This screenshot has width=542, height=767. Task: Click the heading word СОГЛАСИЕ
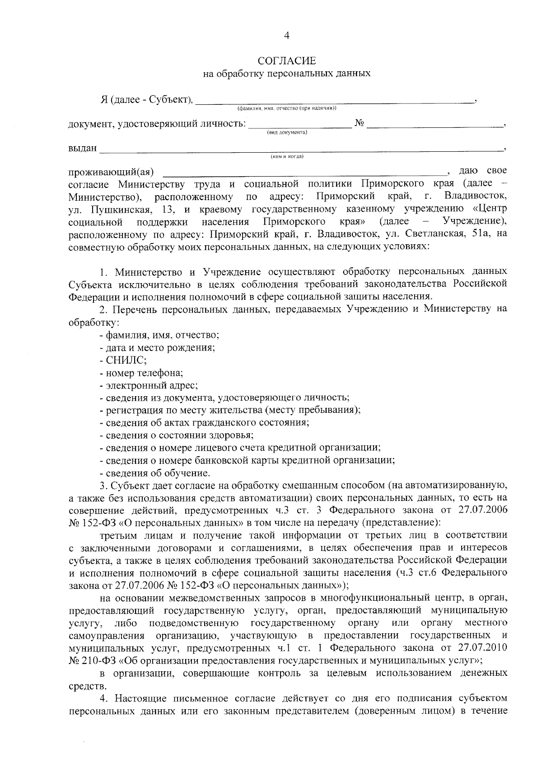tap(287, 61)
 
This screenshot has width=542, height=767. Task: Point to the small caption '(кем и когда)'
tap(287, 157)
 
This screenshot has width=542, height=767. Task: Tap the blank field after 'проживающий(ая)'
tap(303, 172)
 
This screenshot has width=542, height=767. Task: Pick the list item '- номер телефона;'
tap(141, 373)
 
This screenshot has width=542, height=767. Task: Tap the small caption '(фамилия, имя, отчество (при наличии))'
tap(287, 108)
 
